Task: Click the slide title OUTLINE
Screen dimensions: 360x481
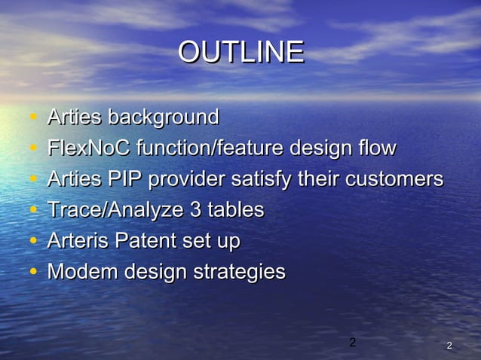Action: coord(240,52)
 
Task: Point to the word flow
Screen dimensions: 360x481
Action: coord(374,148)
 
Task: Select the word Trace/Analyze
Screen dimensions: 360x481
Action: coord(115,210)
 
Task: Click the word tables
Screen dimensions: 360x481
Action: coord(235,210)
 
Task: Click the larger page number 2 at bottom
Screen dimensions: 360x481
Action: coord(351,343)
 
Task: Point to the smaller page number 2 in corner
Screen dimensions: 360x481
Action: coord(449,346)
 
